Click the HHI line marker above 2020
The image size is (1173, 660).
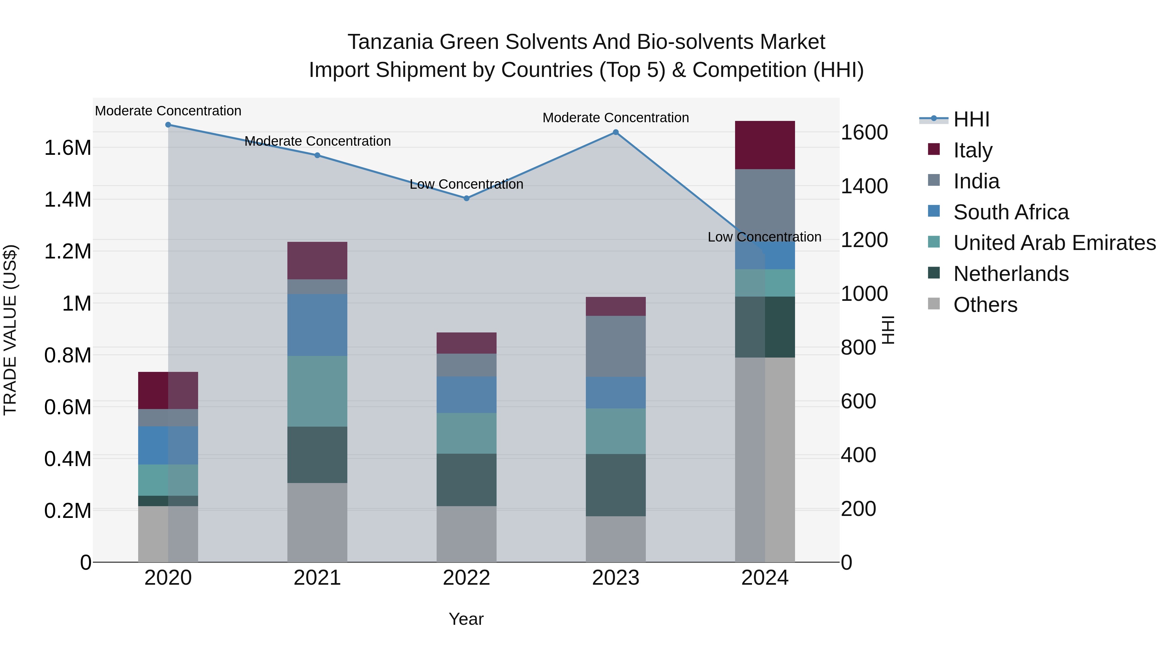click(168, 125)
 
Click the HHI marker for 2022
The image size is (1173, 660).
click(466, 198)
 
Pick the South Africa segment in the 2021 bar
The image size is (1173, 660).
click(317, 324)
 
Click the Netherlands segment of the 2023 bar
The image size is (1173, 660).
click(615, 485)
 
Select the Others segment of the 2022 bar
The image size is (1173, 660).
click(466, 534)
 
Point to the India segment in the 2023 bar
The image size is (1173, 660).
click(615, 346)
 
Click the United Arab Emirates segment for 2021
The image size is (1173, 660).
click(317, 391)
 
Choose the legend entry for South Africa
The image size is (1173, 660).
click(1010, 212)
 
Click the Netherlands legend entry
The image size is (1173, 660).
click(1010, 274)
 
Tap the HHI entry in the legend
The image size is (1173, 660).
click(971, 119)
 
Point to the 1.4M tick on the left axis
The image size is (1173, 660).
click(68, 199)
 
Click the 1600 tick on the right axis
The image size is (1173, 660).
click(864, 133)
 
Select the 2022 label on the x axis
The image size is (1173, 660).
click(466, 578)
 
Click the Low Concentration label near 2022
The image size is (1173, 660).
click(466, 184)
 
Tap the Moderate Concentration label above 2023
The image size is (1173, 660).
click(615, 118)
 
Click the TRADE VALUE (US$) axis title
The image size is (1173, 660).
click(10, 330)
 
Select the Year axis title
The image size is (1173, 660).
click(466, 619)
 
